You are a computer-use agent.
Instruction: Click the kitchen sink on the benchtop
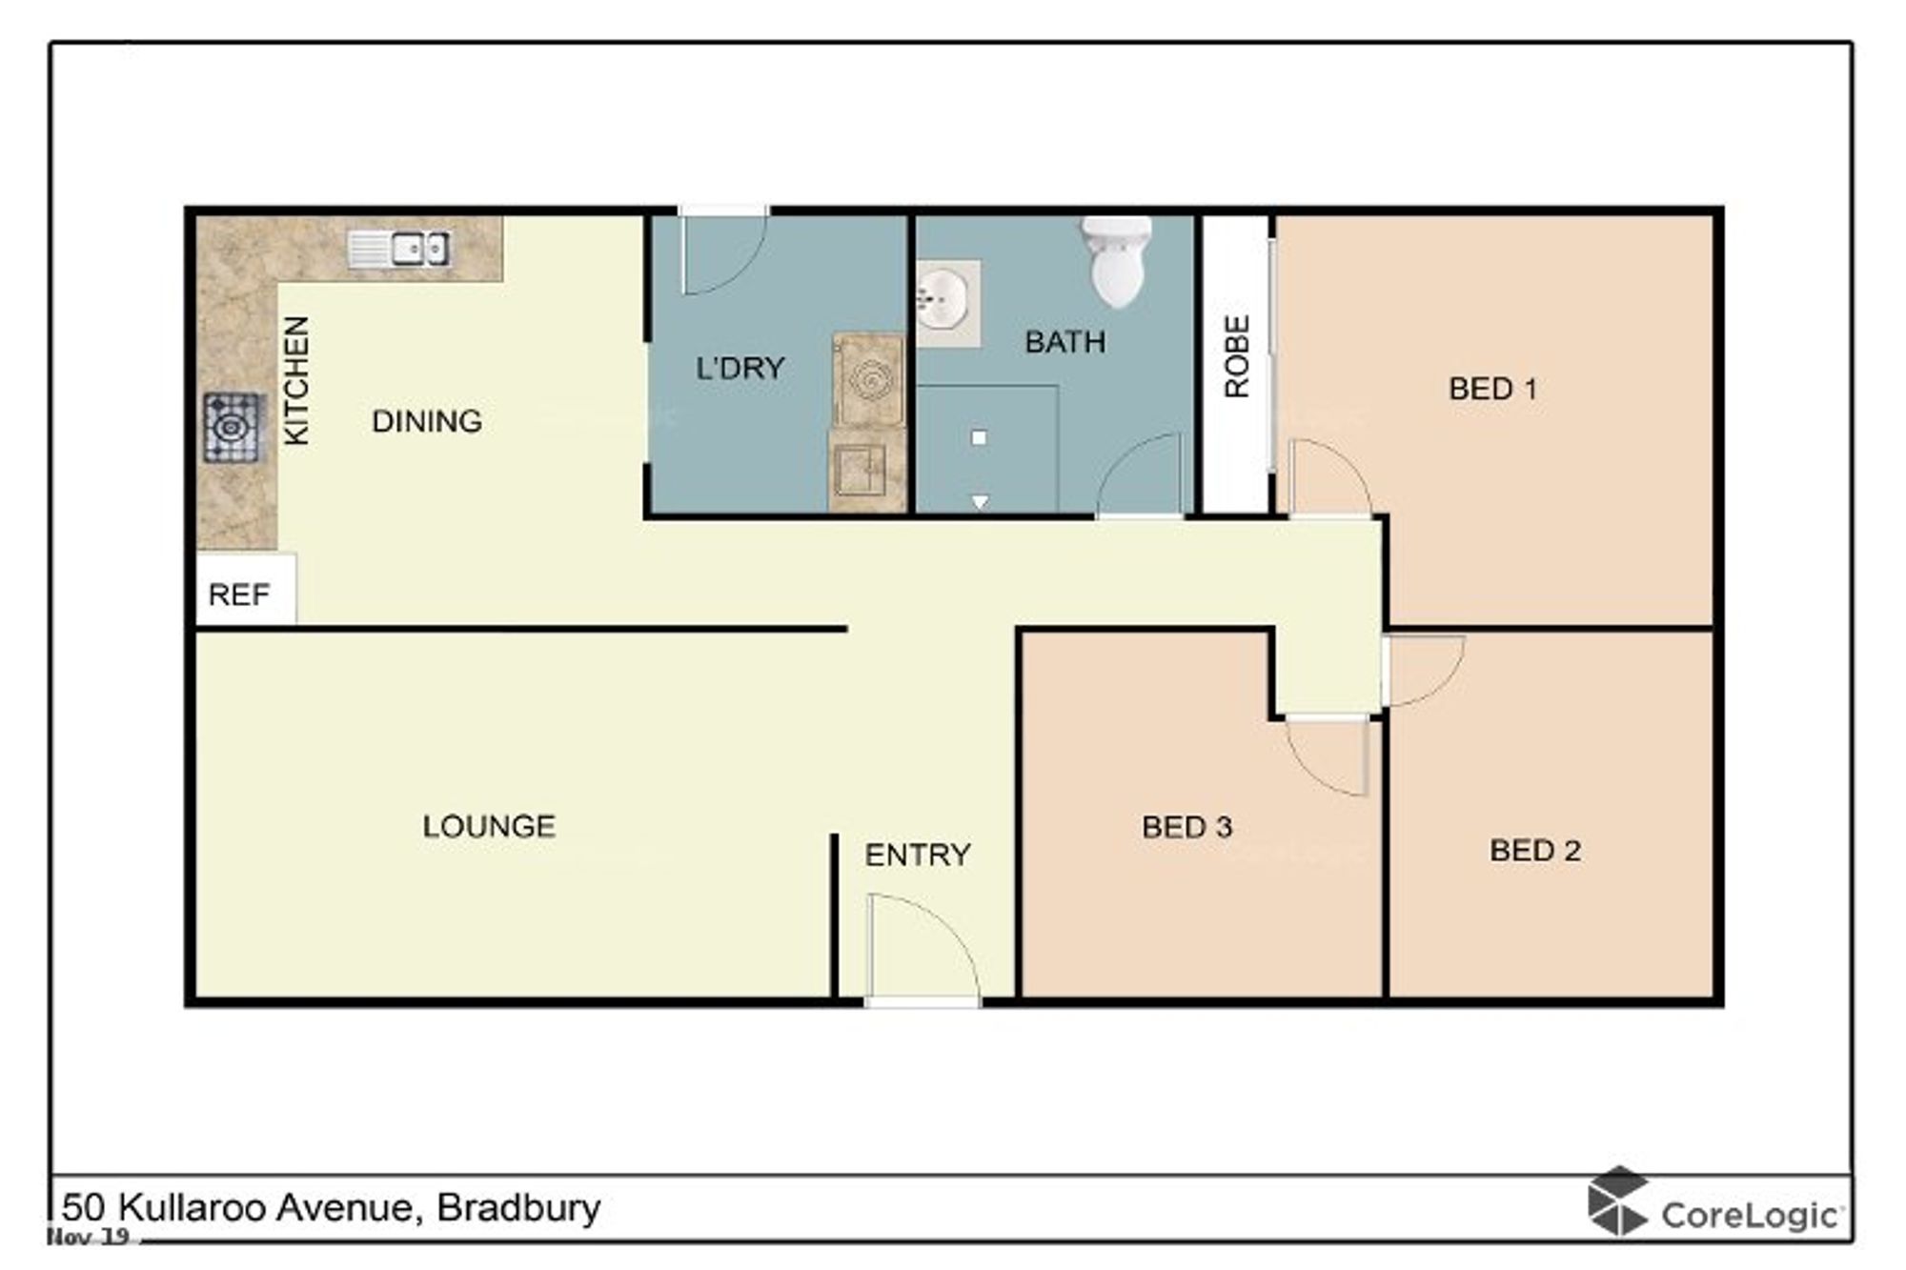coord(398,249)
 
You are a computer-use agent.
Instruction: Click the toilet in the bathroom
coord(1116,260)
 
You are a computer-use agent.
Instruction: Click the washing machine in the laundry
coord(868,380)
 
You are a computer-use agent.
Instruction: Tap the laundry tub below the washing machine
coord(861,471)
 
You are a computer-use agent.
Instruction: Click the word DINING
coord(427,421)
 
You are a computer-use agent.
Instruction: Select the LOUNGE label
coord(489,826)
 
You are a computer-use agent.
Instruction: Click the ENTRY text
coord(918,855)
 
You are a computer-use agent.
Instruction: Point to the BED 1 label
coord(1492,389)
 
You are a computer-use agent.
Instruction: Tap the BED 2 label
coord(1535,850)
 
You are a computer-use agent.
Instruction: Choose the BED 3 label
coord(1187,827)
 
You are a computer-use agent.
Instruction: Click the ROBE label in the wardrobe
coord(1236,356)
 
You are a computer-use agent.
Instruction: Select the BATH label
coord(1065,342)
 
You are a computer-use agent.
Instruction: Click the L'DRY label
coord(740,368)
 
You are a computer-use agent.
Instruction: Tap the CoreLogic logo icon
coord(1616,1201)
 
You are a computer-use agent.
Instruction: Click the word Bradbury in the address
coord(518,1208)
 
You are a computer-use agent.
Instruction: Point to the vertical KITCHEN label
coord(296,380)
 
